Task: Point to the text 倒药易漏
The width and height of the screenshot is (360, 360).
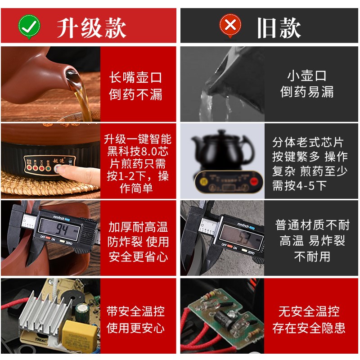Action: (x=307, y=92)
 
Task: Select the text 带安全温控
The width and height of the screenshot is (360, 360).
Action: (x=136, y=311)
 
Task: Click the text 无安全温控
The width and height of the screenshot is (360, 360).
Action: (x=309, y=311)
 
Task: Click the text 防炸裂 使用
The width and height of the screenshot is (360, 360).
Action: (x=138, y=242)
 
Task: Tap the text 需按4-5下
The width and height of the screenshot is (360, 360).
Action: (x=299, y=185)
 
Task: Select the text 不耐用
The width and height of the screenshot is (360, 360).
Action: (x=312, y=256)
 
